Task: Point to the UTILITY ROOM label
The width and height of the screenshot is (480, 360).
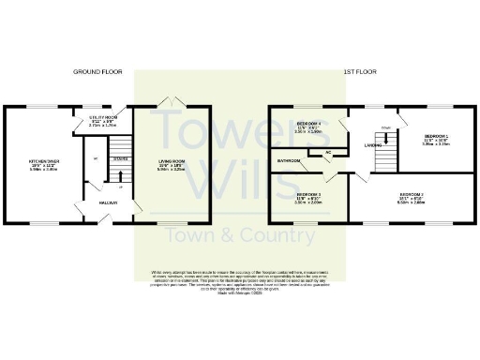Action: (x=102, y=119)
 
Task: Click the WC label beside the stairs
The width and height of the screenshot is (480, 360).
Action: (x=97, y=157)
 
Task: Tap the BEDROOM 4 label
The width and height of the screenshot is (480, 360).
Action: (x=308, y=127)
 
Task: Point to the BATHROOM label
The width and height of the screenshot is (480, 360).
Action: (x=288, y=160)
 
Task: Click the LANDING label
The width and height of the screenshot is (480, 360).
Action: (x=372, y=145)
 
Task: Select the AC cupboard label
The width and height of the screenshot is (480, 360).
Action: (x=328, y=151)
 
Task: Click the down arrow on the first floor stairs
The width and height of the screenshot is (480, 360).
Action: (x=385, y=127)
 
